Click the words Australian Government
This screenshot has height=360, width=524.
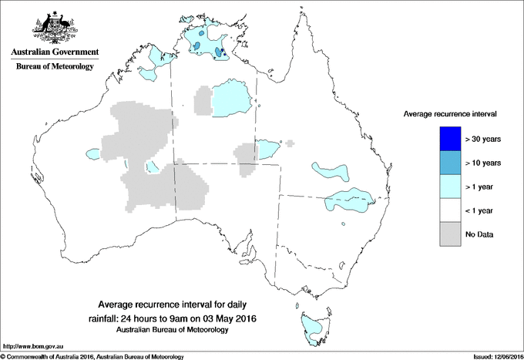54,52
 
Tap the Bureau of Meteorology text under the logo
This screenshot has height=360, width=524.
54,67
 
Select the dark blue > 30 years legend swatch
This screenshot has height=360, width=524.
445,138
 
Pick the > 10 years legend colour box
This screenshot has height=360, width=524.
445,162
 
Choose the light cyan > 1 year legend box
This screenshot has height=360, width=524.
445,186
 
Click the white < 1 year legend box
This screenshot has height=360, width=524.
445,210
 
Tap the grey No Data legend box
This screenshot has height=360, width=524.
445,234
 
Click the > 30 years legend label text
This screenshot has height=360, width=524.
483,139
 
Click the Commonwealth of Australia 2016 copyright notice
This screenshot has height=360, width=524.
92,355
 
